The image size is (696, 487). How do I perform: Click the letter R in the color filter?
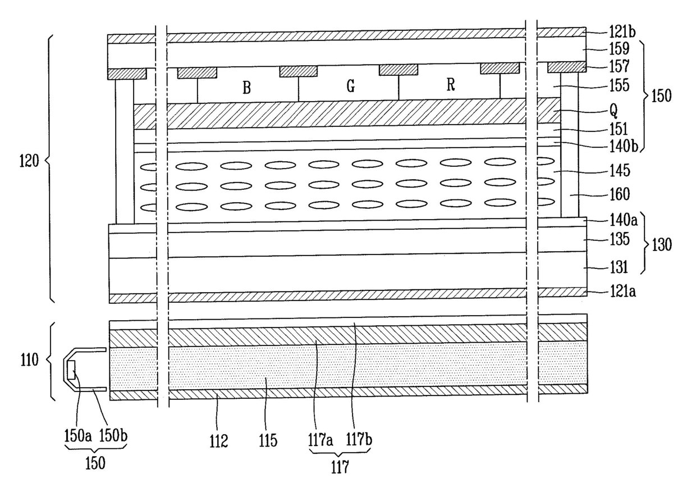click(x=450, y=85)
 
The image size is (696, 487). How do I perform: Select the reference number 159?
click(x=605, y=49)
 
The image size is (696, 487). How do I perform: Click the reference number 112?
click(x=219, y=441)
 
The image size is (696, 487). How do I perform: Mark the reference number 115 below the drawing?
click(x=268, y=441)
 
